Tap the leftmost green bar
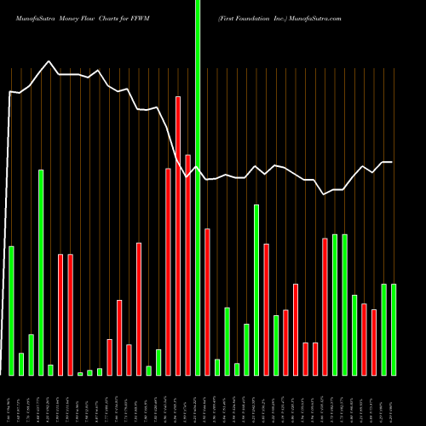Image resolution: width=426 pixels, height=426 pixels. (x=11, y=310)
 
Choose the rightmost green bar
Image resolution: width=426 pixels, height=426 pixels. (x=394, y=329)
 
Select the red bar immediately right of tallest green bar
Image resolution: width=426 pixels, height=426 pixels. (x=207, y=302)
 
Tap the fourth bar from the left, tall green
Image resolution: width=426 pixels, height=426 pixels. (x=41, y=273)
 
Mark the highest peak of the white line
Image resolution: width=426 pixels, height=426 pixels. (x=49, y=61)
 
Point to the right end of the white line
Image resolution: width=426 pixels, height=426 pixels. (x=393, y=162)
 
